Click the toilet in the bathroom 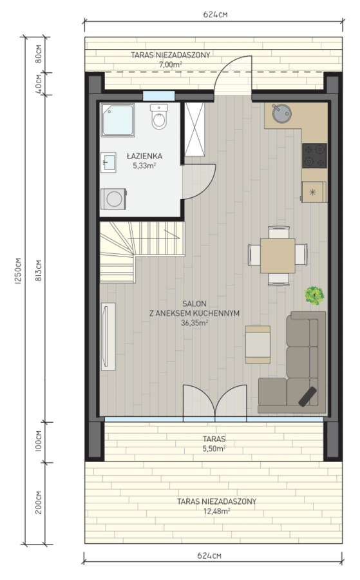159,116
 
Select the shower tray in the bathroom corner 118,121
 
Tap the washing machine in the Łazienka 113,199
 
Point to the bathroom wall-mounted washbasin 109,162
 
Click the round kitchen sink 281,113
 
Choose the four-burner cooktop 315,156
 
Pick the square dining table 278,256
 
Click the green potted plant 314,295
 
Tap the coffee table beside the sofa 258,344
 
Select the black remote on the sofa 308,396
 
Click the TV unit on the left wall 108,336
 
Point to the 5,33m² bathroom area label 144,166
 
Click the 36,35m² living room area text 194,323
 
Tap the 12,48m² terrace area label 217,511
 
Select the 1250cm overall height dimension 18,271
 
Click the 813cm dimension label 39,270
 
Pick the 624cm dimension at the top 215,14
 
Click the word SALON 194,304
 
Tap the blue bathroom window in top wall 158,96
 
